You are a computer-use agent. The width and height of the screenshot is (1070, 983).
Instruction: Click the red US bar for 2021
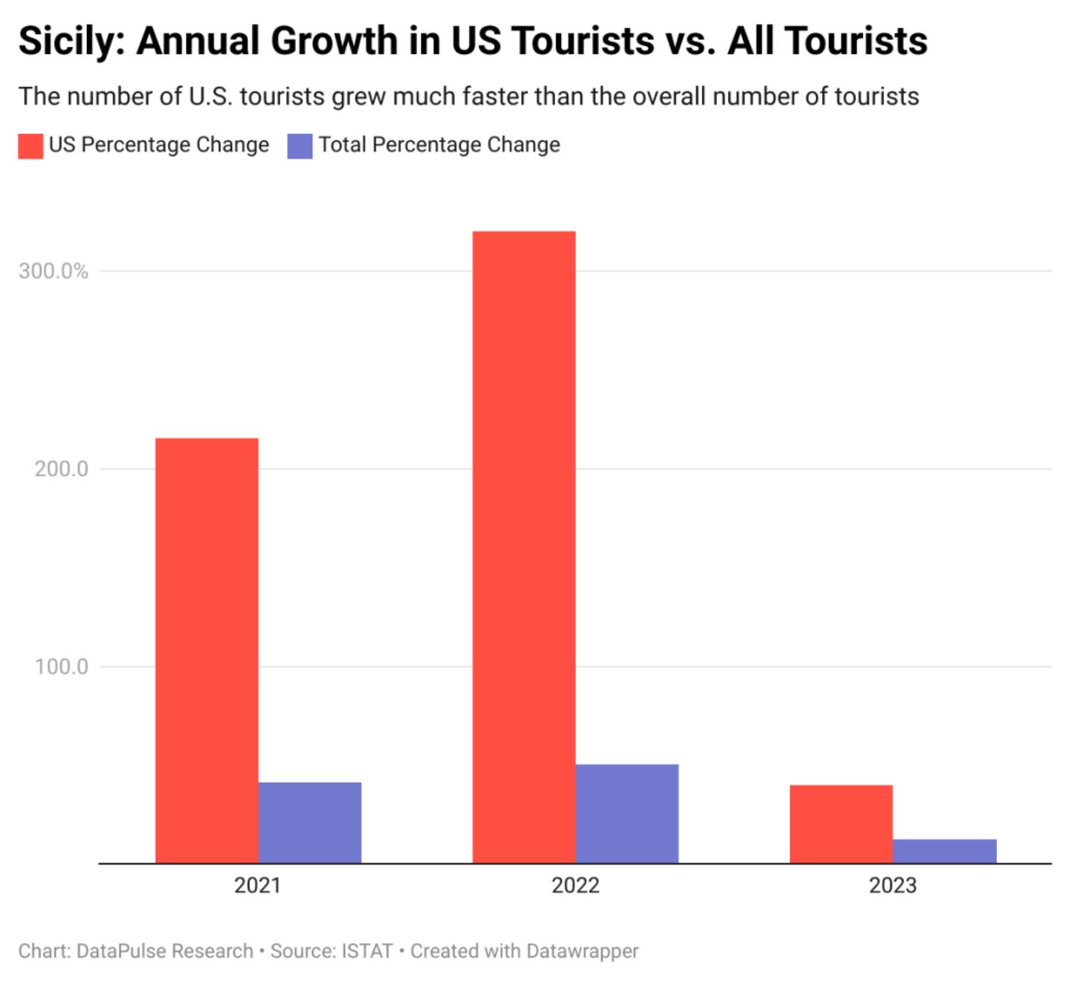pos(207,650)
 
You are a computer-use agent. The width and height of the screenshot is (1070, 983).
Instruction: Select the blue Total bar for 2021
pos(310,823)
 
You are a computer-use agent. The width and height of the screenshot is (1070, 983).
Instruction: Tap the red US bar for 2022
pos(524,547)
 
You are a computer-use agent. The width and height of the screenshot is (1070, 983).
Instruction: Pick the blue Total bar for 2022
pos(627,814)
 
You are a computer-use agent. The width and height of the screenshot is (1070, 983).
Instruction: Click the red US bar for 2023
pos(841,824)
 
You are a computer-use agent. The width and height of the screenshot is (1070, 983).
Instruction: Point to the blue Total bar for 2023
pos(944,851)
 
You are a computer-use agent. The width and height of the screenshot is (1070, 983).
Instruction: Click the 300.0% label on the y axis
pos(53,271)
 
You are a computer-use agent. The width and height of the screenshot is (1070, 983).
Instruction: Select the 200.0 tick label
pos(61,469)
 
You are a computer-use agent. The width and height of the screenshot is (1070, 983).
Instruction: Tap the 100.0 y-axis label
pos(61,666)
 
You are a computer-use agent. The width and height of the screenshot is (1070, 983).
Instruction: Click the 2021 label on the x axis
pos(257,886)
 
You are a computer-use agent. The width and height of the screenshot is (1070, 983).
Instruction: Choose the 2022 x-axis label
pos(575,886)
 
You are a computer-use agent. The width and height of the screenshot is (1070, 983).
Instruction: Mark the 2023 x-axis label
pos(892,886)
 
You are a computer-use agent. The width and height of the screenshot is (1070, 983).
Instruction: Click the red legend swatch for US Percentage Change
pos(30,146)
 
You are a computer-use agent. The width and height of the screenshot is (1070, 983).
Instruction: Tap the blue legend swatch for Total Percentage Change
pos(299,146)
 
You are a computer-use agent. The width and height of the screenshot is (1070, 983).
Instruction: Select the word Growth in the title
pos(333,42)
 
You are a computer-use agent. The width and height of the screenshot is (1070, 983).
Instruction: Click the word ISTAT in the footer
pos(367,951)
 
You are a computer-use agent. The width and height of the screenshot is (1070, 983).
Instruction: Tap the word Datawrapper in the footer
pos(582,951)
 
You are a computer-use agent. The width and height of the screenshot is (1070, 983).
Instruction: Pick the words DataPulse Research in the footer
pos(165,951)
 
